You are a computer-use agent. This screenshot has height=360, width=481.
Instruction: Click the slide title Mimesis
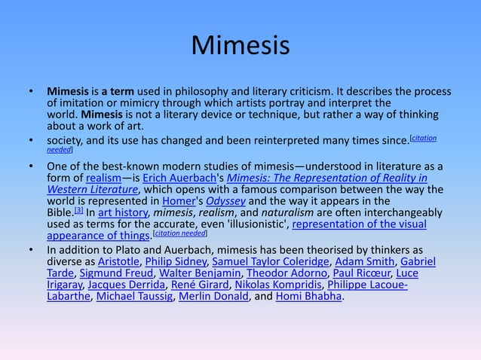pyautogui.click(x=240, y=45)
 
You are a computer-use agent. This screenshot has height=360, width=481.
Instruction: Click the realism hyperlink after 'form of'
pyautogui.click(x=103, y=178)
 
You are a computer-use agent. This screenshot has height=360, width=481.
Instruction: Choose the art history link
pyautogui.click(x=123, y=213)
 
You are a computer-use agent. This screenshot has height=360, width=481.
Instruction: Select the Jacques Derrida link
pyautogui.click(x=122, y=285)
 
